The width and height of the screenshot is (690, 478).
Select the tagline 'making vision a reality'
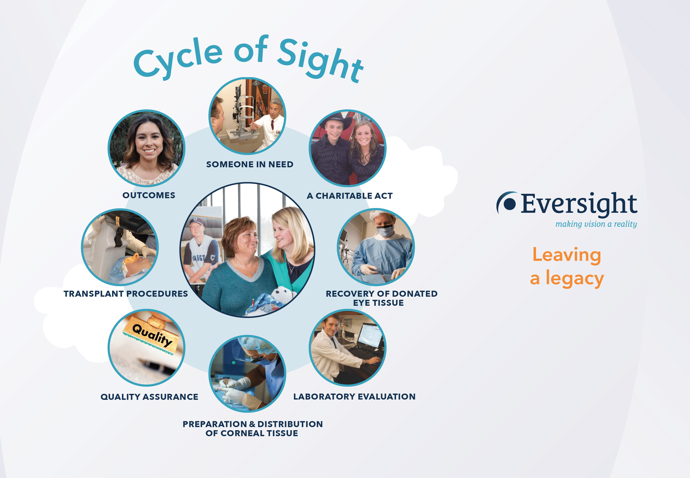(x=596, y=224)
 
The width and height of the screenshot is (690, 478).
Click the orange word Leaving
(x=567, y=255)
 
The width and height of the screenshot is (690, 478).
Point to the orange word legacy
(x=574, y=279)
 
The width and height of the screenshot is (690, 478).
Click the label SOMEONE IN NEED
(x=250, y=164)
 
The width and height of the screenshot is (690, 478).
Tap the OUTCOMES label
(x=149, y=195)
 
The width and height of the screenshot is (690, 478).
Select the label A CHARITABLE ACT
(x=349, y=196)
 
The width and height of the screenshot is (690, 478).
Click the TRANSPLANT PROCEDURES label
(x=126, y=294)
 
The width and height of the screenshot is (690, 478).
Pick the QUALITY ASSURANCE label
(x=149, y=397)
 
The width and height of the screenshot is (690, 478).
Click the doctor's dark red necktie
(x=272, y=124)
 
